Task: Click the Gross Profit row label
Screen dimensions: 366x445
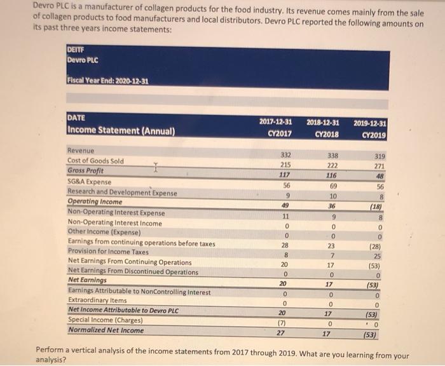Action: (86, 171)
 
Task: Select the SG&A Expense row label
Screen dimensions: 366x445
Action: (90, 181)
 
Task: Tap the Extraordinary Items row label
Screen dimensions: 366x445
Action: (94, 300)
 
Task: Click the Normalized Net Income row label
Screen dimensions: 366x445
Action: (106, 330)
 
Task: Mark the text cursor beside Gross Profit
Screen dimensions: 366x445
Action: (154, 169)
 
